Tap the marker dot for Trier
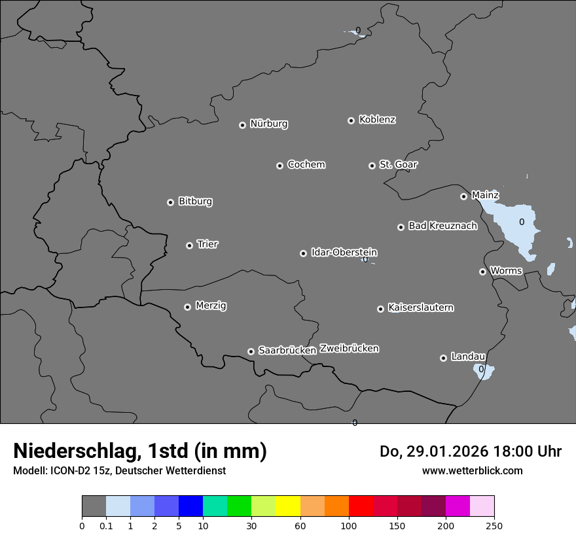pyautogui.click(x=190, y=245)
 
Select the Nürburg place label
pyautogui.click(x=268, y=124)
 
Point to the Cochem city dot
pyautogui.click(x=279, y=166)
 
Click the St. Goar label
pyautogui.click(x=398, y=164)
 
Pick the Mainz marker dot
pyautogui.click(x=463, y=196)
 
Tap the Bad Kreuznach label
pyautogui.click(x=442, y=226)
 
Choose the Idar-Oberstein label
pyautogui.click(x=344, y=253)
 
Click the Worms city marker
pyautogui.click(x=482, y=271)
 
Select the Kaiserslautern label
pyautogui.click(x=420, y=307)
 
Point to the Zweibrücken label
pyautogui.click(x=349, y=349)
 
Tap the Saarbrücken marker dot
pyautogui.click(x=251, y=351)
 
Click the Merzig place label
pyautogui.click(x=211, y=306)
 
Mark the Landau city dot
pyautogui.click(x=443, y=358)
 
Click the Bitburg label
pyautogui.click(x=195, y=201)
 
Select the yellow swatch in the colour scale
pyautogui.click(x=288, y=506)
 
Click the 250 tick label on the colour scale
pyautogui.click(x=494, y=525)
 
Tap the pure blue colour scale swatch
pyautogui.click(x=190, y=506)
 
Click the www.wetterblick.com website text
pyautogui.click(x=472, y=471)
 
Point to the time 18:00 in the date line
pyautogui.click(x=511, y=451)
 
